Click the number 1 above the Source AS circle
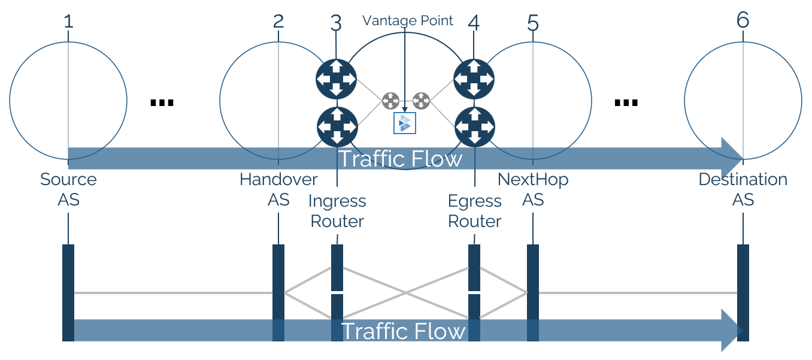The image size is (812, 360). [x=68, y=22]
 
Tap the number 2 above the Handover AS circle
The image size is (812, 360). [x=278, y=22]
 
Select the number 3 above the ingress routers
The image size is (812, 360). [x=336, y=23]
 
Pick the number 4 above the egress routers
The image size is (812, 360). [x=474, y=23]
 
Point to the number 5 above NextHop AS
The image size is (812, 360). [x=533, y=23]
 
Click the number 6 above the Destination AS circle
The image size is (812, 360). [x=743, y=20]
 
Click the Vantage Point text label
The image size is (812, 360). [x=408, y=21]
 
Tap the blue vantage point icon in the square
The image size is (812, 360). [x=405, y=123]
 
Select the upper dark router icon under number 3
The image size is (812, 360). [x=336, y=78]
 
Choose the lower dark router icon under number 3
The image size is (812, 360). [x=337, y=126]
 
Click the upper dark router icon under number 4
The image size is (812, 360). [x=474, y=78]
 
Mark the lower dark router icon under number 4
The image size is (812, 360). [x=475, y=126]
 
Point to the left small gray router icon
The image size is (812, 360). [x=390, y=101]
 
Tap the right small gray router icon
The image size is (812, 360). [x=421, y=101]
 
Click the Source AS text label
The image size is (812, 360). [x=68, y=189]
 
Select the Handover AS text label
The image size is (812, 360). [x=278, y=189]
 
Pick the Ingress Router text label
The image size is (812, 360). [x=337, y=211]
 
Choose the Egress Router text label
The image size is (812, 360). [x=475, y=211]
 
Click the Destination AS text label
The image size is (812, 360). [x=743, y=189]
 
